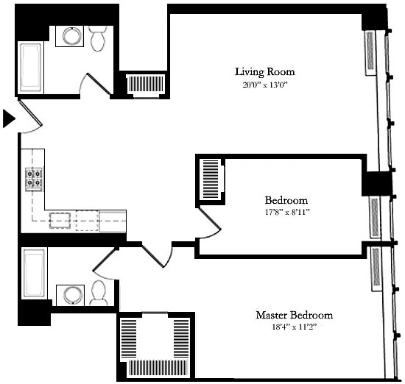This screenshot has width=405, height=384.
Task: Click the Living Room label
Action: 265,72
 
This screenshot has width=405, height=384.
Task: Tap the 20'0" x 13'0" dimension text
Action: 265,85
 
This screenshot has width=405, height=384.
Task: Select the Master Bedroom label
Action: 295,315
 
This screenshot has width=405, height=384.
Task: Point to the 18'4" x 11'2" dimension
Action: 295,327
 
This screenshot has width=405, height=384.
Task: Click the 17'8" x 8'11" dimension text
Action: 287,212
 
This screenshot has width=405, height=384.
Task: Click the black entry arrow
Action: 9,118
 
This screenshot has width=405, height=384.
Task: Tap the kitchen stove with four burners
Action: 34,179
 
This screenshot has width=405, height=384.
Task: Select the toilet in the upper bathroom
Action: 98,38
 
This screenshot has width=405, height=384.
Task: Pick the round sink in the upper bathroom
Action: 69,36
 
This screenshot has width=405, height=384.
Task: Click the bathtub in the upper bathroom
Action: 31,68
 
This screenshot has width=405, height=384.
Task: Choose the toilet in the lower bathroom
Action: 99,294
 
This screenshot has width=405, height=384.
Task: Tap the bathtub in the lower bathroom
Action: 34,273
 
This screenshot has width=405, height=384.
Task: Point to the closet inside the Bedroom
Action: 211,179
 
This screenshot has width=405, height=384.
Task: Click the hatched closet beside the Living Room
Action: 147,85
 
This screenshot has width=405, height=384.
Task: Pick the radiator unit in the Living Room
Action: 370,53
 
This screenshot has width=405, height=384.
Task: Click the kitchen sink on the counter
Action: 60,221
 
